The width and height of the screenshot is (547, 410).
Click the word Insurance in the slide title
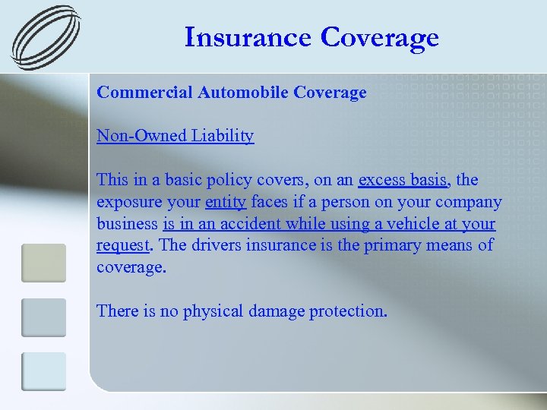point(248,36)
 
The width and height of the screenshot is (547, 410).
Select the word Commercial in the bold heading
point(144,93)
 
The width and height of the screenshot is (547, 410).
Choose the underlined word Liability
point(223,136)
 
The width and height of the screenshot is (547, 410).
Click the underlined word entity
point(226,202)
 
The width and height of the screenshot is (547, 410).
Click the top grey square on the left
point(43,262)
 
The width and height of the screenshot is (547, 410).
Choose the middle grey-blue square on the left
point(43,317)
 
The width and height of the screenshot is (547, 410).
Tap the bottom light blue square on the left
point(43,371)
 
